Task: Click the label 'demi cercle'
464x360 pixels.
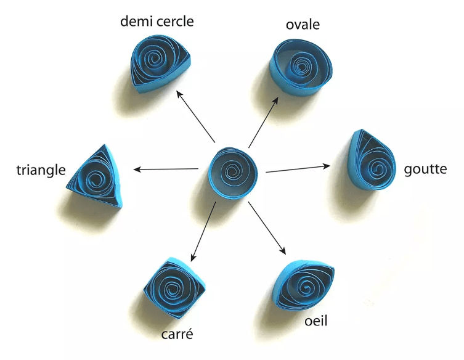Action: (x=157, y=22)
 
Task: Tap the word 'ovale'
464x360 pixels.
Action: (x=302, y=25)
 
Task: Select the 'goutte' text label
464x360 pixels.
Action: (x=425, y=168)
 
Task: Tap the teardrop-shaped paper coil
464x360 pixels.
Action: (x=370, y=162)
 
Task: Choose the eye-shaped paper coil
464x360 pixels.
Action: (x=305, y=285)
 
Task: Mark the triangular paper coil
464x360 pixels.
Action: (x=95, y=178)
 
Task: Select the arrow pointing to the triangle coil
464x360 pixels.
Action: (x=166, y=169)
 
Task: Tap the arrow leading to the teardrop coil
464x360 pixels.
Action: (x=299, y=168)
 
